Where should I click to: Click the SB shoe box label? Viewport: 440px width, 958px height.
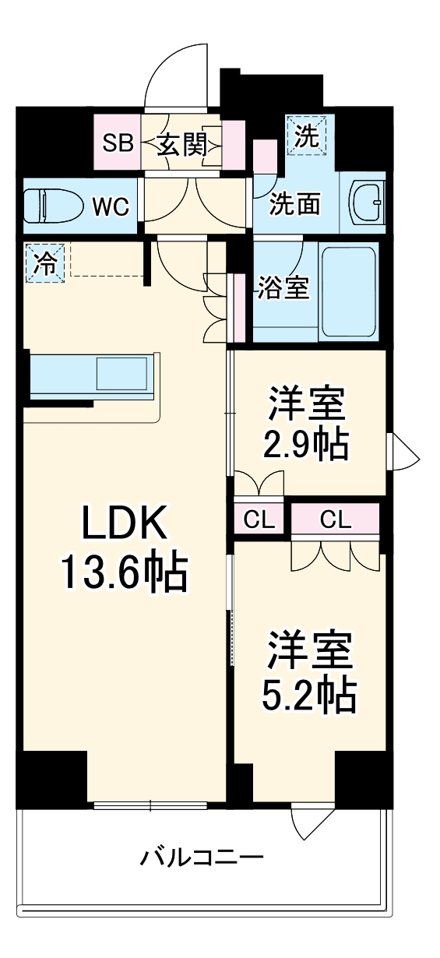coord(118,143)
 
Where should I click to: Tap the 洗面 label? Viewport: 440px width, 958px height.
coord(295,204)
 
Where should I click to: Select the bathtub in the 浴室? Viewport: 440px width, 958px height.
coord(349,291)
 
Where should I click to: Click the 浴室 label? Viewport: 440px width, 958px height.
coord(283,287)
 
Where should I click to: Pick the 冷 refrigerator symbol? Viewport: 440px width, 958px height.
coord(45,263)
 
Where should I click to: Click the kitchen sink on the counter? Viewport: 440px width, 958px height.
coord(122,374)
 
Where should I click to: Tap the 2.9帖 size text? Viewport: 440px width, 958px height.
coord(306,444)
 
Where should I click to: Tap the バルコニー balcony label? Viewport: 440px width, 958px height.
coord(202,859)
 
